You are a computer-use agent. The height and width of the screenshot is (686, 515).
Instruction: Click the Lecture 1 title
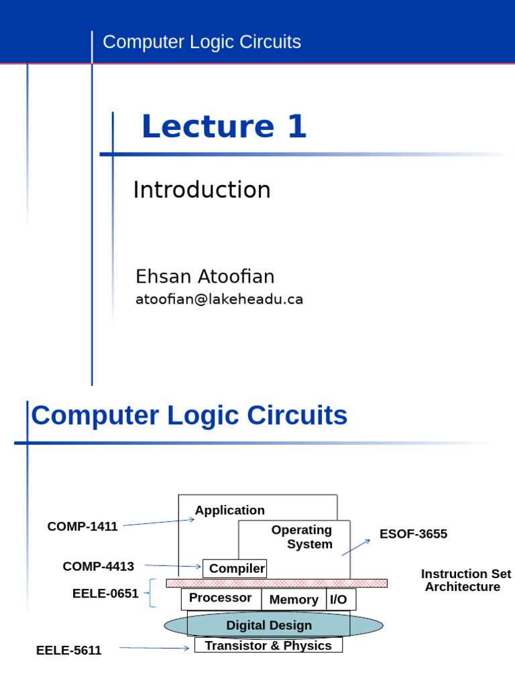point(224,127)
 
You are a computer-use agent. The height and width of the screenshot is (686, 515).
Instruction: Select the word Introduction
point(202,190)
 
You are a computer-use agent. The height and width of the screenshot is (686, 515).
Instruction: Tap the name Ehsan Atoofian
point(205,277)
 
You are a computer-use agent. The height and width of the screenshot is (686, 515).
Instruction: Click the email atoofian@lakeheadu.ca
point(219,299)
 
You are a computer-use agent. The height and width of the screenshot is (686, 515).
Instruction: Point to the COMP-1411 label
point(82,527)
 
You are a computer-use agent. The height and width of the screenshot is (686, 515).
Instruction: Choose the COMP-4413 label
point(99,567)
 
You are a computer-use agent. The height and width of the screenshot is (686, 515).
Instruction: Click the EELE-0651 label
point(105,594)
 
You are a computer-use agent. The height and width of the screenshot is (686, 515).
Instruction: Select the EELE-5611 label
point(69,650)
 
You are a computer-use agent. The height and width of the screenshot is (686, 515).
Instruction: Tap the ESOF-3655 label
point(413,534)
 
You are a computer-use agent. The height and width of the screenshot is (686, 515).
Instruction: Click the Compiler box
point(235,569)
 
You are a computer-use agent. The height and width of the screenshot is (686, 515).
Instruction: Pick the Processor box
point(221,598)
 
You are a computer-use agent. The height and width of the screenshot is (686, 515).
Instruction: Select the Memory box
point(293,600)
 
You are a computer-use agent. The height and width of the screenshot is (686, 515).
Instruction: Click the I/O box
point(339,600)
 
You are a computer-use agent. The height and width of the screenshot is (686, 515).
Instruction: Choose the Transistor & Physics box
point(268,645)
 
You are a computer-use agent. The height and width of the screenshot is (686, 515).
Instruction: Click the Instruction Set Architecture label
point(465,580)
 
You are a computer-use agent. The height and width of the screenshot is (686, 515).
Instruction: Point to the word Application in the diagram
point(230,510)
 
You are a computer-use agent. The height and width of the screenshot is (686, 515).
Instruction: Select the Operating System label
point(303,537)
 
